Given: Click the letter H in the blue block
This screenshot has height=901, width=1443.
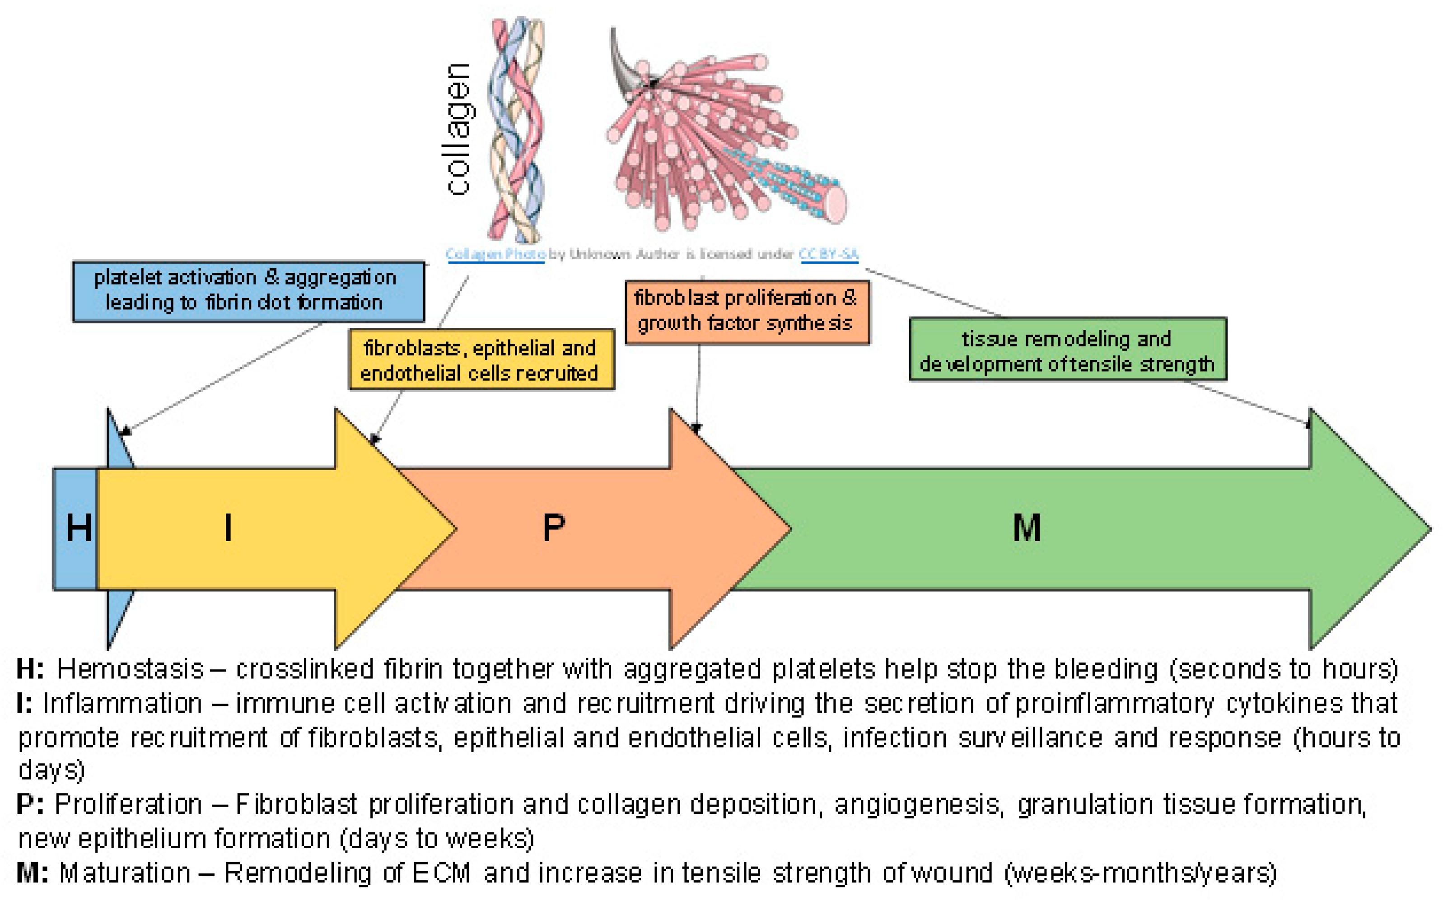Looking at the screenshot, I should tap(79, 528).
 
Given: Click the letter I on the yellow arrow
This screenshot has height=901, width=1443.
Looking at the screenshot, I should tap(228, 528).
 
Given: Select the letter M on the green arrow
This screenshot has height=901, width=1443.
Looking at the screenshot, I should tap(1027, 528).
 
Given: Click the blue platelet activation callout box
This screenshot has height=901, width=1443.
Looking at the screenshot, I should tap(248, 291).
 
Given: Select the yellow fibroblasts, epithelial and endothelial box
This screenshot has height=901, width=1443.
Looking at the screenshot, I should tap(481, 359).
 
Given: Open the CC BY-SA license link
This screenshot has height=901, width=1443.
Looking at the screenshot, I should tap(828, 254).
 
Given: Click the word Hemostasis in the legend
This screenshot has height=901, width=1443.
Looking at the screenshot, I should tap(131, 669).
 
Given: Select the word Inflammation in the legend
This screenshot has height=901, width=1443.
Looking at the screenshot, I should tap(122, 704).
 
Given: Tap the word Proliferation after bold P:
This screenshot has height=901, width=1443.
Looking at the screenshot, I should tap(128, 804).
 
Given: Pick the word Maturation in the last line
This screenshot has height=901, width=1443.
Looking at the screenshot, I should tap(125, 873).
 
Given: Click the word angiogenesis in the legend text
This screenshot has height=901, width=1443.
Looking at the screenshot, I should tap(916, 804).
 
